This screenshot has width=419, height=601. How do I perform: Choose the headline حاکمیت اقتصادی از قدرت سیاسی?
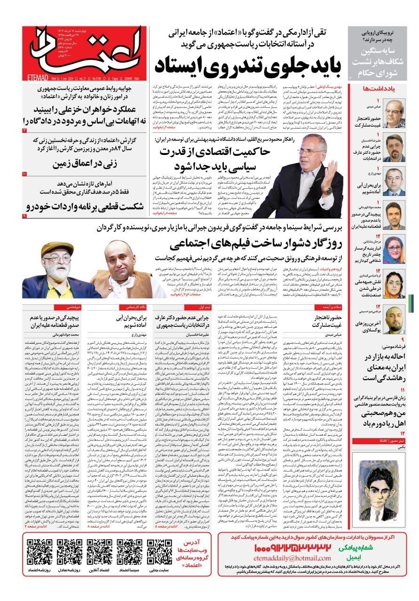214,159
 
